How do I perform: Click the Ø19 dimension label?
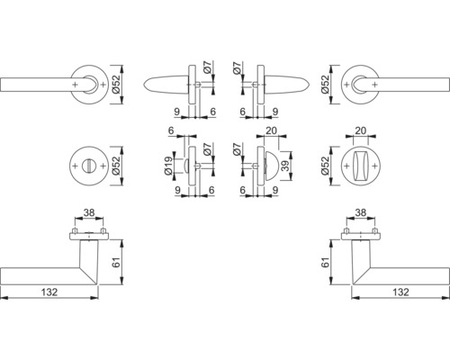point(168,166)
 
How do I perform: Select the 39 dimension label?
point(285,166)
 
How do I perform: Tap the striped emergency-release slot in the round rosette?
point(89,166)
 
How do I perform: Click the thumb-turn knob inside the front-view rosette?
point(361,166)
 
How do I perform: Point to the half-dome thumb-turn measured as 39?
point(268,166)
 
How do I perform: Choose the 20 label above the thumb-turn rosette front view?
point(361,130)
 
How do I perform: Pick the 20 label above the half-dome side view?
point(271,130)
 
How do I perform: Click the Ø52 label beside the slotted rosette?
point(116,166)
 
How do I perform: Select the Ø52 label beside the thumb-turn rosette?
point(325,166)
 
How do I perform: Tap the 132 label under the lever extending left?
point(49,292)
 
